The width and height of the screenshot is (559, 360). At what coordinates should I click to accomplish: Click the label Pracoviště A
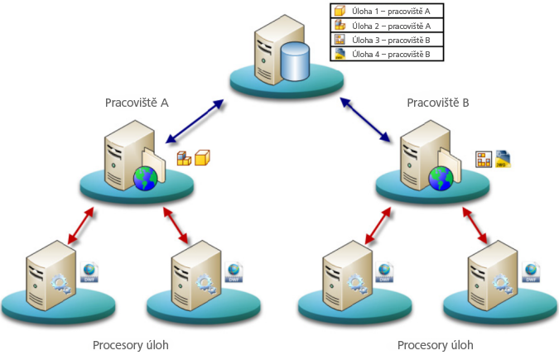137,103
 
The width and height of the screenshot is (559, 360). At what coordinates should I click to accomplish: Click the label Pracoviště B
438,103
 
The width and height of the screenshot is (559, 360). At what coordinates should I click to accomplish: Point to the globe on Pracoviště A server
145,178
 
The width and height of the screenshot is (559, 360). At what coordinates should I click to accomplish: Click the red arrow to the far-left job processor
80,226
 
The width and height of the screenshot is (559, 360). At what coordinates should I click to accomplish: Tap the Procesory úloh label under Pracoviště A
136,344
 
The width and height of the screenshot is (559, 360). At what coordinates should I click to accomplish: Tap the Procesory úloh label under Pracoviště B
436,344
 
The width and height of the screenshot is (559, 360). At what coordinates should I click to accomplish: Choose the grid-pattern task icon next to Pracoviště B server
484,158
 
